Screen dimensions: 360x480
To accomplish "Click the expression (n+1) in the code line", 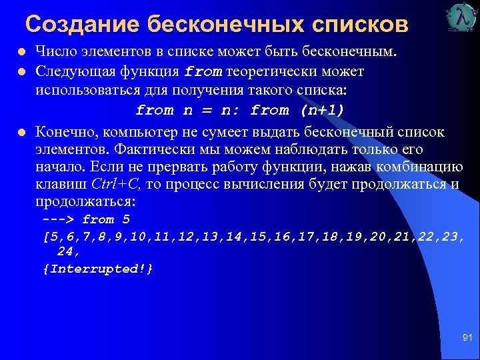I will tap(322, 110).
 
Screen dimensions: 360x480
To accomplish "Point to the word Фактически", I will tap(141, 149).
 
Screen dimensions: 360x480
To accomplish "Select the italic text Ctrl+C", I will tap(115, 184).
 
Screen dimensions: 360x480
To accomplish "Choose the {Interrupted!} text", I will tap(98, 268).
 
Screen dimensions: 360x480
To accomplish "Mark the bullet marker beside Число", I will tap(21, 51).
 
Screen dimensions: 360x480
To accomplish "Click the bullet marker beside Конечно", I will tap(21, 132).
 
